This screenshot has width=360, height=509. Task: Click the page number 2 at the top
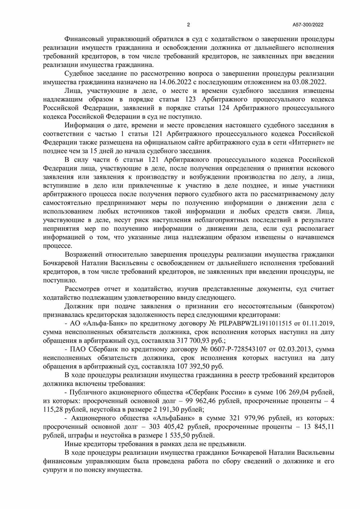coord(188,25)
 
